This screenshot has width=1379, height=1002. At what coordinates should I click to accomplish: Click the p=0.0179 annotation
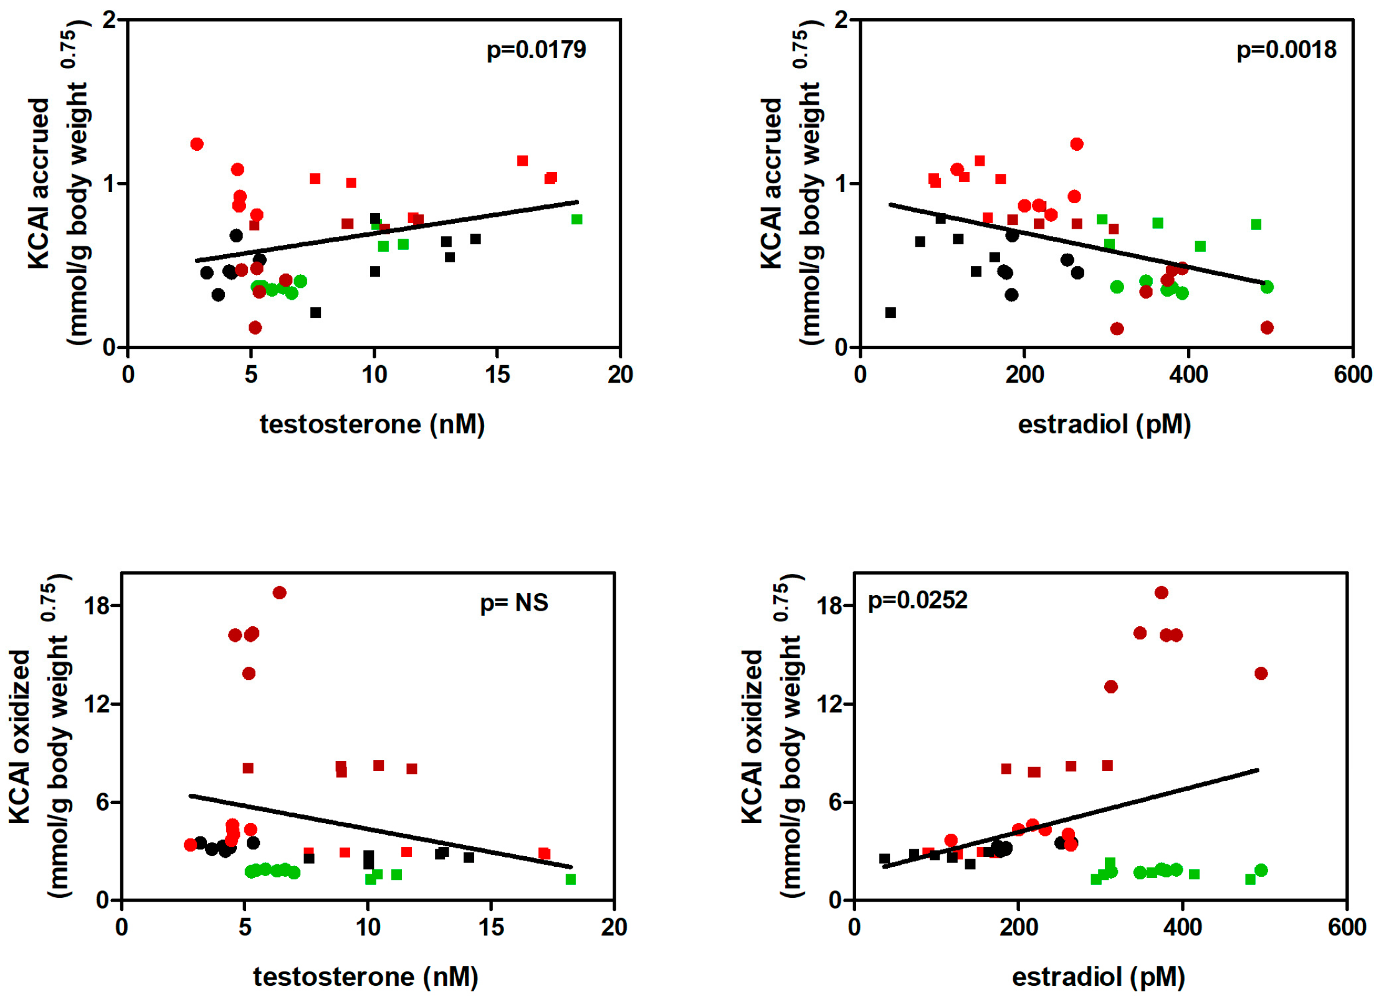[535, 50]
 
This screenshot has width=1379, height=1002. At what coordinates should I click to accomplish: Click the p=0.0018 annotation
[1286, 50]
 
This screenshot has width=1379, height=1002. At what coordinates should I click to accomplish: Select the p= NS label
[513, 602]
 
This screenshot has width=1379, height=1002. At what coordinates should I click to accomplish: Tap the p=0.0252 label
[917, 600]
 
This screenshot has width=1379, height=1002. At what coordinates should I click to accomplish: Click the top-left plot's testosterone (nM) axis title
[372, 424]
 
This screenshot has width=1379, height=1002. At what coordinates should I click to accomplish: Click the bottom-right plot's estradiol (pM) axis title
[1098, 976]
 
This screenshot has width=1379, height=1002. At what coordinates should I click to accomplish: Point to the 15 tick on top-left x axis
[497, 375]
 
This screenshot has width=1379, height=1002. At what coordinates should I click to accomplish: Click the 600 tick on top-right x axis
[1352, 375]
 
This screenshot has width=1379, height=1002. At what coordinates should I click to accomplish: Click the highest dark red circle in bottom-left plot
[279, 592]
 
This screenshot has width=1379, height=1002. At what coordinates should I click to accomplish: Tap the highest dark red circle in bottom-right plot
[1161, 592]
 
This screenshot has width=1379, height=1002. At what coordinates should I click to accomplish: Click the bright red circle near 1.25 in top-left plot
[197, 144]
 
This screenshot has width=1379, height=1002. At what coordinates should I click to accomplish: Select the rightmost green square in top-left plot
[576, 219]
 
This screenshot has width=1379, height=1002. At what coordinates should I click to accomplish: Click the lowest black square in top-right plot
[890, 312]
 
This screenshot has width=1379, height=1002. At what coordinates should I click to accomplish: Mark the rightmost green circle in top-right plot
[1267, 287]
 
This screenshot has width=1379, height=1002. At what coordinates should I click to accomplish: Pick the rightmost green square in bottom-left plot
[570, 879]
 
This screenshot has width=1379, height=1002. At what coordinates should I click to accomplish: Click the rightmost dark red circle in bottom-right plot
[1261, 673]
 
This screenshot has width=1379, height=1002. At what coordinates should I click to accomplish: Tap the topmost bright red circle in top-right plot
[1077, 144]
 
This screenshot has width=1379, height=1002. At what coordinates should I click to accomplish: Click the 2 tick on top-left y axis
[110, 20]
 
